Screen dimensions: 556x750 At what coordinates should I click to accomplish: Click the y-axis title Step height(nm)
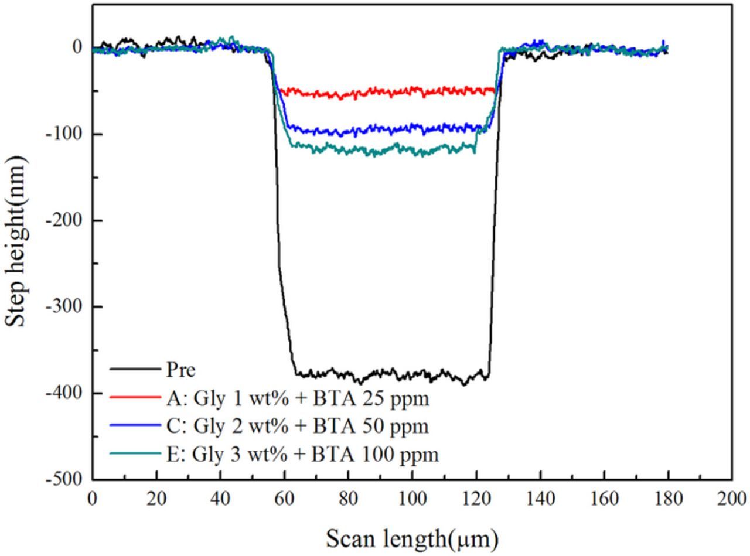pos(16,241)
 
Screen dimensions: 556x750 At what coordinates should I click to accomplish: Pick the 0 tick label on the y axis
pos(77,47)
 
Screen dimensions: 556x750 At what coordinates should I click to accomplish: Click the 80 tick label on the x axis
pos(348,499)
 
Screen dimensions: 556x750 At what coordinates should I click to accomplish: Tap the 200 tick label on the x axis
pos(732,499)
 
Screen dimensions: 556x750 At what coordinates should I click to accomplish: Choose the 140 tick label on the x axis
pos(540,499)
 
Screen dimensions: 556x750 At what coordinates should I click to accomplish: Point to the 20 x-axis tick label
pos(156,499)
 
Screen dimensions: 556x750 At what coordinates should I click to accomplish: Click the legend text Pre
pos(180,370)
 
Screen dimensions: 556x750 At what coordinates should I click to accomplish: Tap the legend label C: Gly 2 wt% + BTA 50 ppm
pos(298,426)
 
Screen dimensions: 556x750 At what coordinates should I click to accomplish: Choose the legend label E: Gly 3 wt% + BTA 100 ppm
pos(302,454)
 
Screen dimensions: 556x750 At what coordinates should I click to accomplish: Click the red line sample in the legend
pos(135,398)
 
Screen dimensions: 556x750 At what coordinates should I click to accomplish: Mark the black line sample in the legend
pos(135,370)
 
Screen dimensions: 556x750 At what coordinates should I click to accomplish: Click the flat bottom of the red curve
pos(387,92)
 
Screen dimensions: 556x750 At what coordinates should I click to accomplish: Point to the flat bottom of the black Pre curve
pos(387,374)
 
